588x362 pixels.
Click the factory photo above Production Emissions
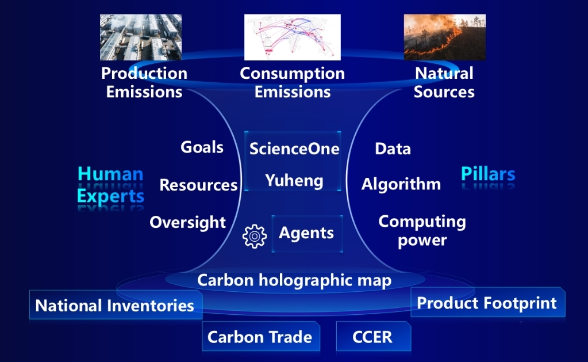pyautogui.click(x=141, y=37)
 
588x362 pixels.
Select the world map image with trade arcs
pyautogui.click(x=292, y=37)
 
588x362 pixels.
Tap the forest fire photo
pyautogui.click(x=444, y=37)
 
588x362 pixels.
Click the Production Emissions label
pyautogui.click(x=144, y=82)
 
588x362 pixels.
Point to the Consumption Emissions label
pyautogui.click(x=292, y=82)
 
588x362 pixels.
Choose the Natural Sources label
pyautogui.click(x=444, y=82)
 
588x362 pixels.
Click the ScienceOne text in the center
pyautogui.click(x=294, y=149)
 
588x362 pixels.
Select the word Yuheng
pyautogui.click(x=294, y=181)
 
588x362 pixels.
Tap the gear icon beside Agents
pyautogui.click(x=255, y=237)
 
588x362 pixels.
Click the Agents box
pyautogui.click(x=306, y=233)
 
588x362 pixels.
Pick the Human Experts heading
pyautogui.click(x=110, y=185)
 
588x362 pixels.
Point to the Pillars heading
pyautogui.click(x=488, y=174)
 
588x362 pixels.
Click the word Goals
pyautogui.click(x=202, y=147)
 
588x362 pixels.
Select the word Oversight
pyautogui.click(x=187, y=222)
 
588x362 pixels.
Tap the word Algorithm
pyautogui.click(x=401, y=184)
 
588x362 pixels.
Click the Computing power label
pyautogui.click(x=422, y=230)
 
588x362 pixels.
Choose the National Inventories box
pyautogui.click(x=115, y=305)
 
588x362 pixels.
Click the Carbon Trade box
pyautogui.click(x=260, y=337)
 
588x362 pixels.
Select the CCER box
pyautogui.click(x=373, y=337)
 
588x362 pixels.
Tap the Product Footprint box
pyautogui.click(x=487, y=303)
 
